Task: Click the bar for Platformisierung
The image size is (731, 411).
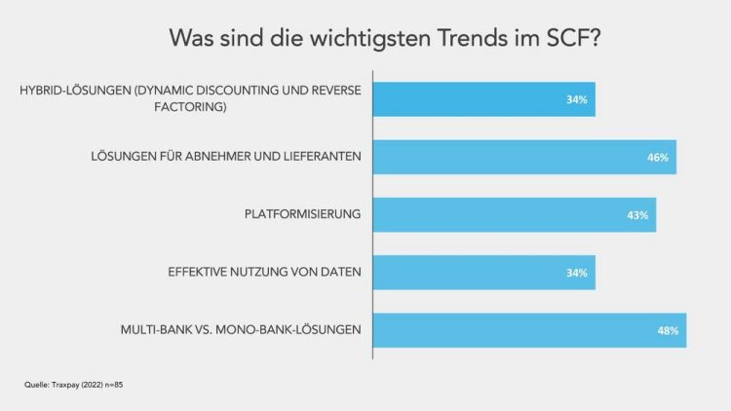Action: pyautogui.click(x=514, y=214)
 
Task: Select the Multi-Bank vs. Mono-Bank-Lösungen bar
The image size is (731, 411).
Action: pyautogui.click(x=529, y=330)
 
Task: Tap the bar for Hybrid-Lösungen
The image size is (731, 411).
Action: pyautogui.click(x=483, y=98)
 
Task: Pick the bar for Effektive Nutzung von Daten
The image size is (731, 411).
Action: pyautogui.click(x=483, y=272)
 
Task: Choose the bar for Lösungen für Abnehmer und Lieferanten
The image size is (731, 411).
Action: pyautogui.click(x=524, y=157)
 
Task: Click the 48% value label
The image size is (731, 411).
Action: pyautogui.click(x=668, y=331)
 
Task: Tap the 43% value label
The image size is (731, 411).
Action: pyautogui.click(x=637, y=215)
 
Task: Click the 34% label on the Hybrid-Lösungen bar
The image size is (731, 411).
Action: pyautogui.click(x=576, y=99)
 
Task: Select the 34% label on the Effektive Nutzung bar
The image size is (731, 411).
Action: pyautogui.click(x=576, y=273)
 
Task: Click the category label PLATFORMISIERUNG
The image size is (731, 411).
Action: pyautogui.click(x=303, y=214)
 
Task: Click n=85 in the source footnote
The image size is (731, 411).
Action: pyautogui.click(x=112, y=386)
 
